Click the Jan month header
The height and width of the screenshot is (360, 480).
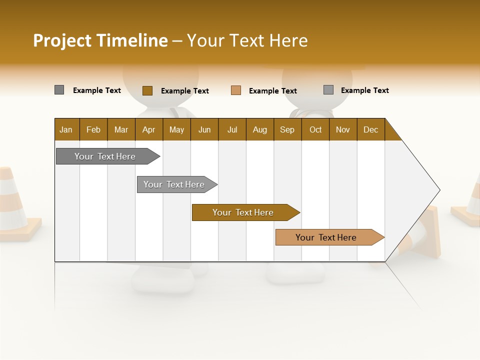[66, 129]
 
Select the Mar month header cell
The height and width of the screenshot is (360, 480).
[121, 129]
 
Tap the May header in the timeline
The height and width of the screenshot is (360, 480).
[176, 129]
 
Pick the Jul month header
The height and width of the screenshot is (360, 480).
[232, 129]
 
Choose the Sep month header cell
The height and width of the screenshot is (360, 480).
[287, 129]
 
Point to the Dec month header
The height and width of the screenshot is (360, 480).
[370, 129]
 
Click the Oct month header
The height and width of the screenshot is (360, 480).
[315, 129]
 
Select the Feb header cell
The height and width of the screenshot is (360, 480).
[93, 129]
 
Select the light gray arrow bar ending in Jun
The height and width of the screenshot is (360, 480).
[175, 184]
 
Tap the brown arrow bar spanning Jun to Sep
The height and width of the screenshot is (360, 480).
[244, 212]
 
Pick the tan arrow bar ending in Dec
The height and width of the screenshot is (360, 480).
[327, 237]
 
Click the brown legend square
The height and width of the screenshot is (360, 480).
[147, 90]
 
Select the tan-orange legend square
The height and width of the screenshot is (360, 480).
[236, 90]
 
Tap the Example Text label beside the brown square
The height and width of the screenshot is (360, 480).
[184, 91]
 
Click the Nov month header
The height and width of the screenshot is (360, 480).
[343, 129]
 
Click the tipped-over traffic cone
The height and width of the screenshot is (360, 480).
[425, 235]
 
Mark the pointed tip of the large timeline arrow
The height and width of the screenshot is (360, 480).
[439, 190]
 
